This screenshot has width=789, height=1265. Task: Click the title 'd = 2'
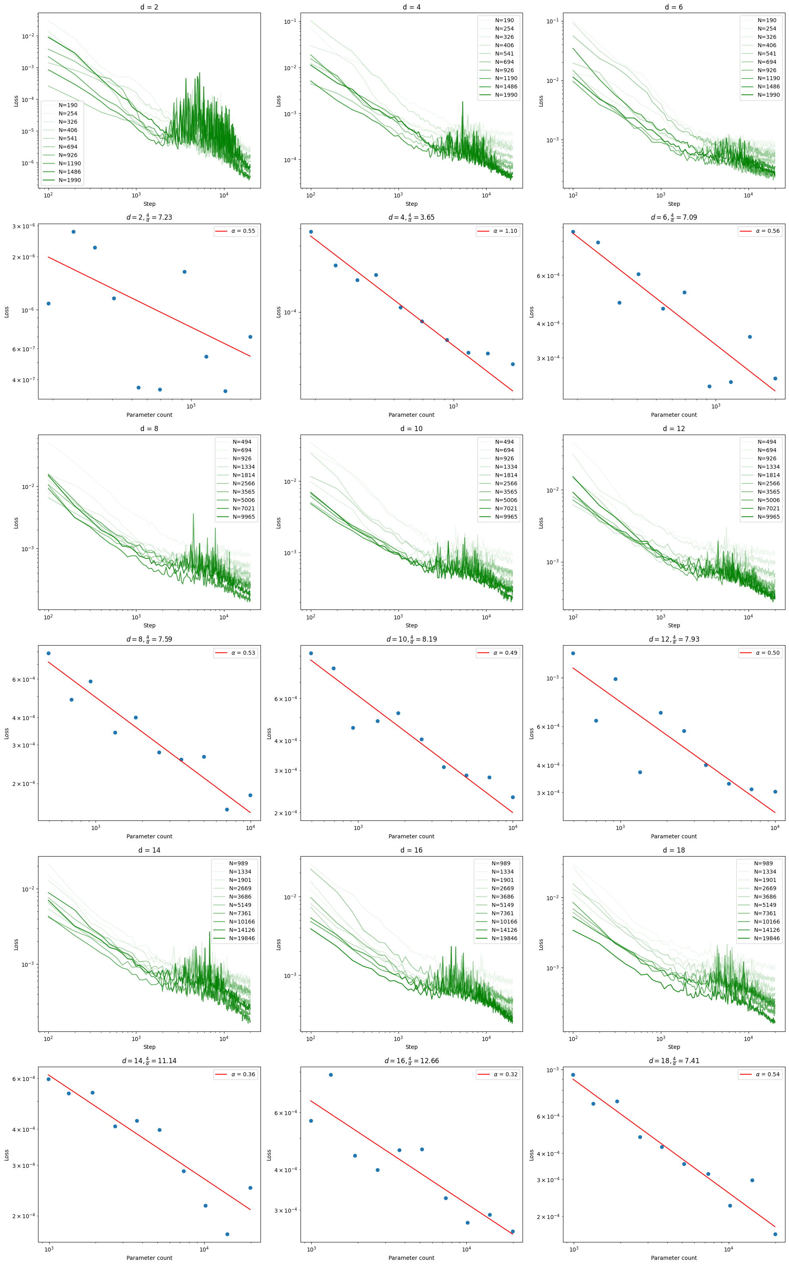coord(149,7)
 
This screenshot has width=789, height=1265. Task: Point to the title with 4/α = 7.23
coord(149,217)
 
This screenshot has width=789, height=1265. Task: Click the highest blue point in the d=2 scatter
coord(74,232)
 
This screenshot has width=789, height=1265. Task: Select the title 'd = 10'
coord(411,428)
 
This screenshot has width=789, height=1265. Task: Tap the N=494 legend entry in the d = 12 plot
coord(766,441)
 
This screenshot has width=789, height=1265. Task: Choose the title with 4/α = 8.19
coord(411,639)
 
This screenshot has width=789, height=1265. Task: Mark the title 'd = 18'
coord(674,850)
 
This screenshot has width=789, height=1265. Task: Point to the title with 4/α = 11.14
coord(149,1061)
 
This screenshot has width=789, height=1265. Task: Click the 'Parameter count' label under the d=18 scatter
coord(674,1258)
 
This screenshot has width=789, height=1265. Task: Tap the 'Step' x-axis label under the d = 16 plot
coord(411,1047)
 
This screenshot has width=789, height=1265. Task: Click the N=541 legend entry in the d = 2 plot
coord(68,138)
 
